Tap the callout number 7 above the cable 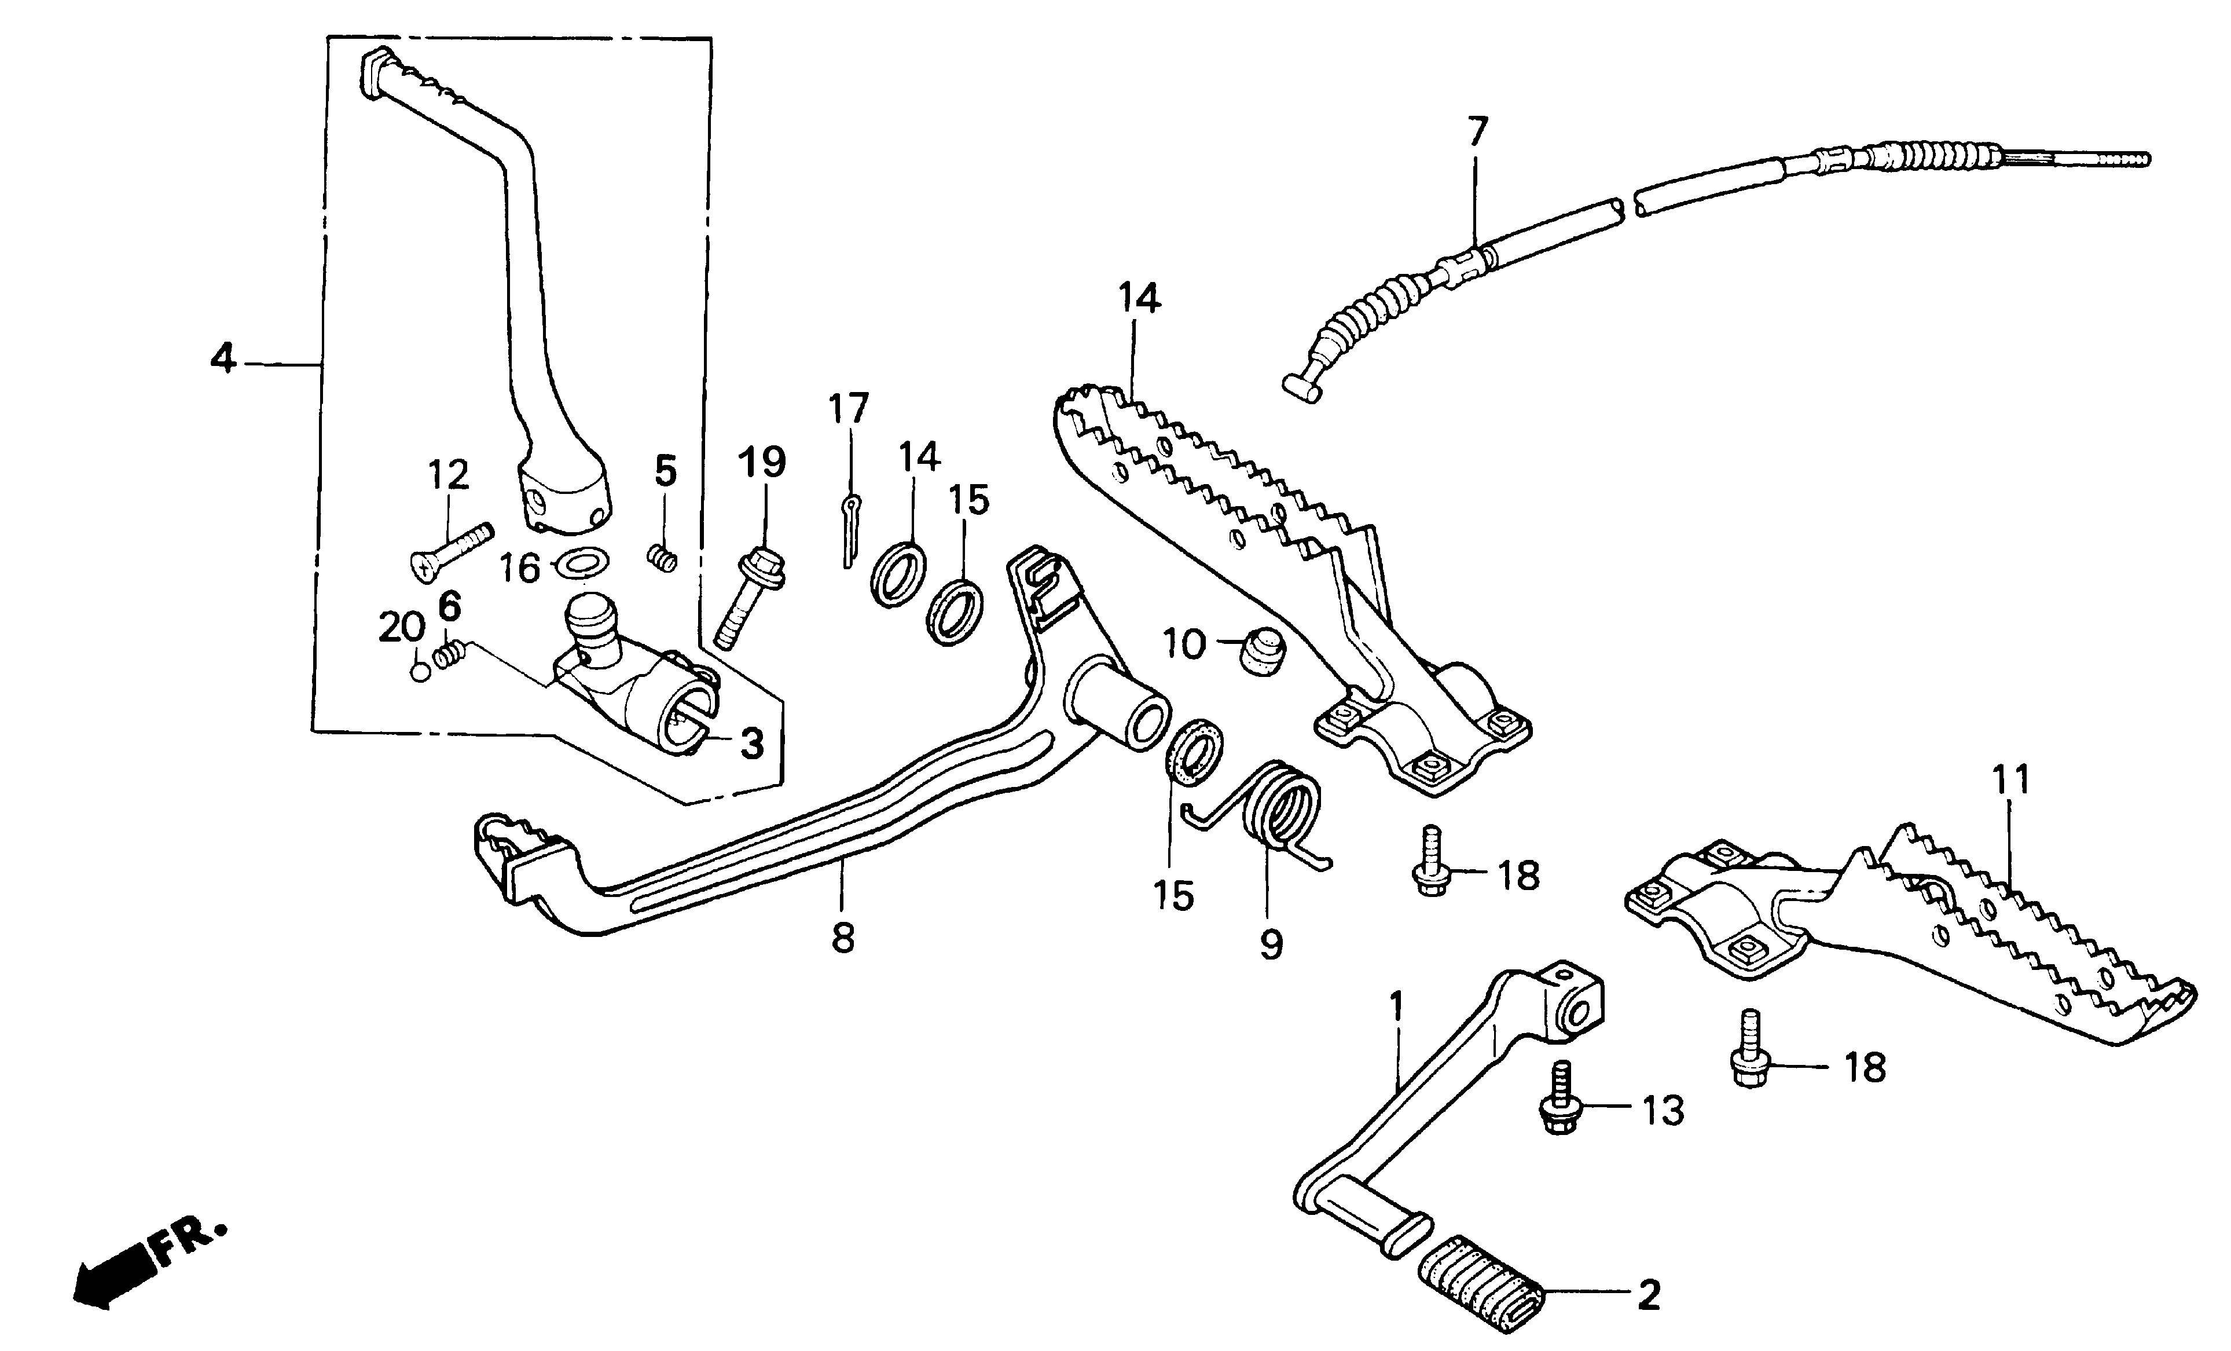(1477, 132)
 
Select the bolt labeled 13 (1559, 1104)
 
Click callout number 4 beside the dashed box (223, 360)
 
